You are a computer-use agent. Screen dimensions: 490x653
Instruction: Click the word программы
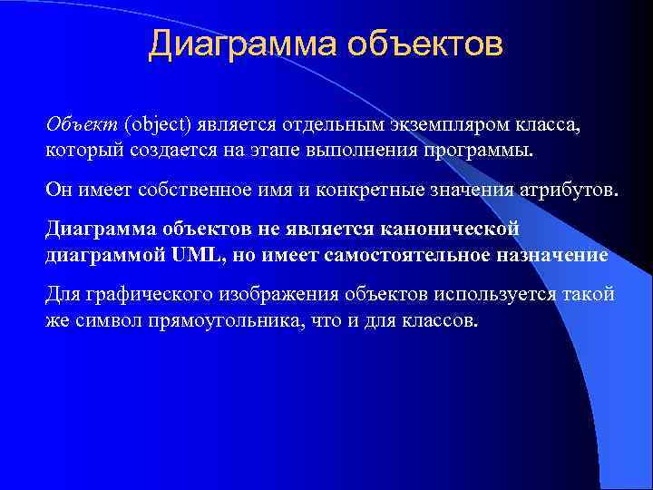pos(484,148)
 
